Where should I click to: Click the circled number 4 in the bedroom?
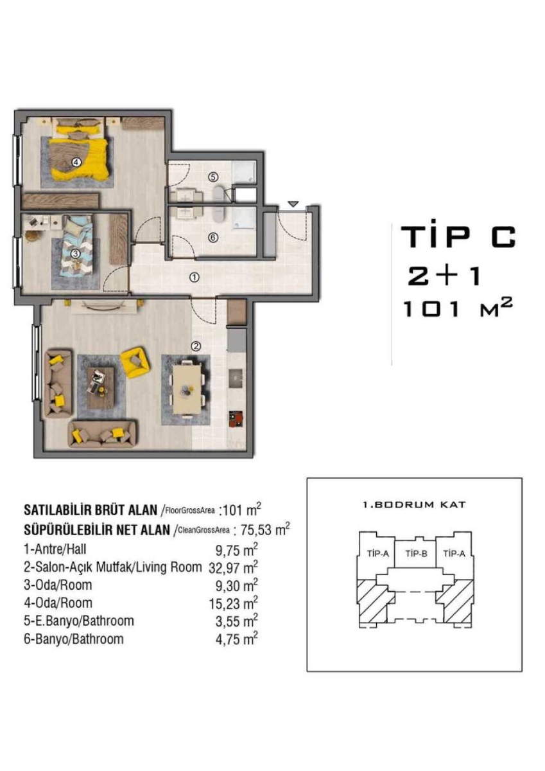click(x=76, y=161)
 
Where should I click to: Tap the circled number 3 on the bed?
click(x=75, y=254)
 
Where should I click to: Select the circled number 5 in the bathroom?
click(x=213, y=177)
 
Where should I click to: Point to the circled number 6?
click(x=213, y=238)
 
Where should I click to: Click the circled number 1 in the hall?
click(x=195, y=277)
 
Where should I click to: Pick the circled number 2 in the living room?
click(x=196, y=346)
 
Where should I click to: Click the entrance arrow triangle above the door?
click(x=293, y=204)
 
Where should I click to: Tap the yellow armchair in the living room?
click(x=135, y=362)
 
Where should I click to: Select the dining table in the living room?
click(x=186, y=389)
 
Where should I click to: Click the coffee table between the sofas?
click(x=101, y=388)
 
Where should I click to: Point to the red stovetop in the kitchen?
click(x=236, y=420)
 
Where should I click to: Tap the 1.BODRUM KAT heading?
click(x=414, y=505)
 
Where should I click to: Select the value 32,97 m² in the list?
click(x=233, y=567)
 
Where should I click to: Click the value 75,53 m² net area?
click(x=264, y=529)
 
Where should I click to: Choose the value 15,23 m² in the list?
click(x=234, y=603)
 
